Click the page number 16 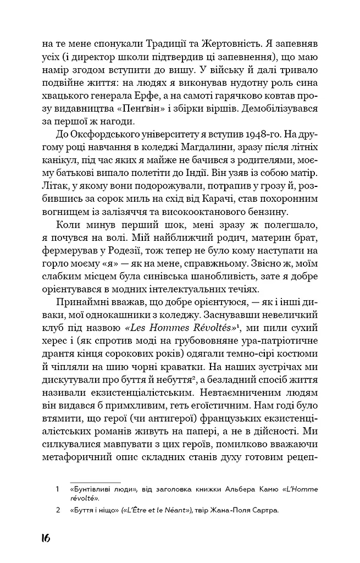[x=45, y=537]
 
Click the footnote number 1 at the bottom [x=57, y=488]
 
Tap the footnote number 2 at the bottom [x=57, y=511]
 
